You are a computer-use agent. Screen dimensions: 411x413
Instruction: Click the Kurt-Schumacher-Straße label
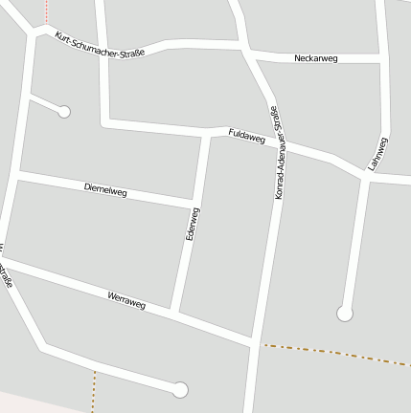pyautogui.click(x=100, y=46)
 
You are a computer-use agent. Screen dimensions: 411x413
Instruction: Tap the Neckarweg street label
pyautogui.click(x=316, y=59)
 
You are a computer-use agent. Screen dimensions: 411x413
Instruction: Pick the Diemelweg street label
pyautogui.click(x=105, y=190)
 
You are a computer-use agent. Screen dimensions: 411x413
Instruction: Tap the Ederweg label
pyautogui.click(x=191, y=224)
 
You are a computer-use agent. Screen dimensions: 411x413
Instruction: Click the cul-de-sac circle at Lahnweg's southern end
pyautogui.click(x=345, y=313)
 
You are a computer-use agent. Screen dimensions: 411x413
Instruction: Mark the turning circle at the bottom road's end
pyautogui.click(x=179, y=389)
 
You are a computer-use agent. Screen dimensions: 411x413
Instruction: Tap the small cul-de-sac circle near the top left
pyautogui.click(x=64, y=112)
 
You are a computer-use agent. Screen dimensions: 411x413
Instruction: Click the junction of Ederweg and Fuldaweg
pyautogui.click(x=208, y=131)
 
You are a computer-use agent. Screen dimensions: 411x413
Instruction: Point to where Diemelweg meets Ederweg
pyautogui.click(x=195, y=203)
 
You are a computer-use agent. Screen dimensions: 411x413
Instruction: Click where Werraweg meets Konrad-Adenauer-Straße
pyautogui.click(x=254, y=340)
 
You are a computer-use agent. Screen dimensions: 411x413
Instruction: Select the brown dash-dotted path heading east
pyautogui.click(x=335, y=353)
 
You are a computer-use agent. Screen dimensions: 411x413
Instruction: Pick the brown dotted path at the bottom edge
pyautogui.click(x=95, y=392)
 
